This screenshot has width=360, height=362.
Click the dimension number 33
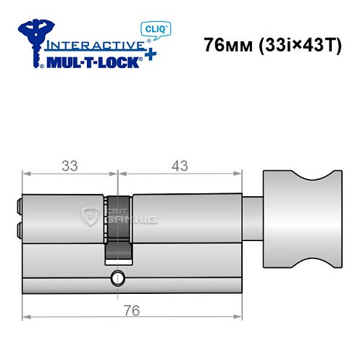point(70,165)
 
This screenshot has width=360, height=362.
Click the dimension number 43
point(177,165)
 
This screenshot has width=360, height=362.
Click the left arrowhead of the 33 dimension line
point(27,174)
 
